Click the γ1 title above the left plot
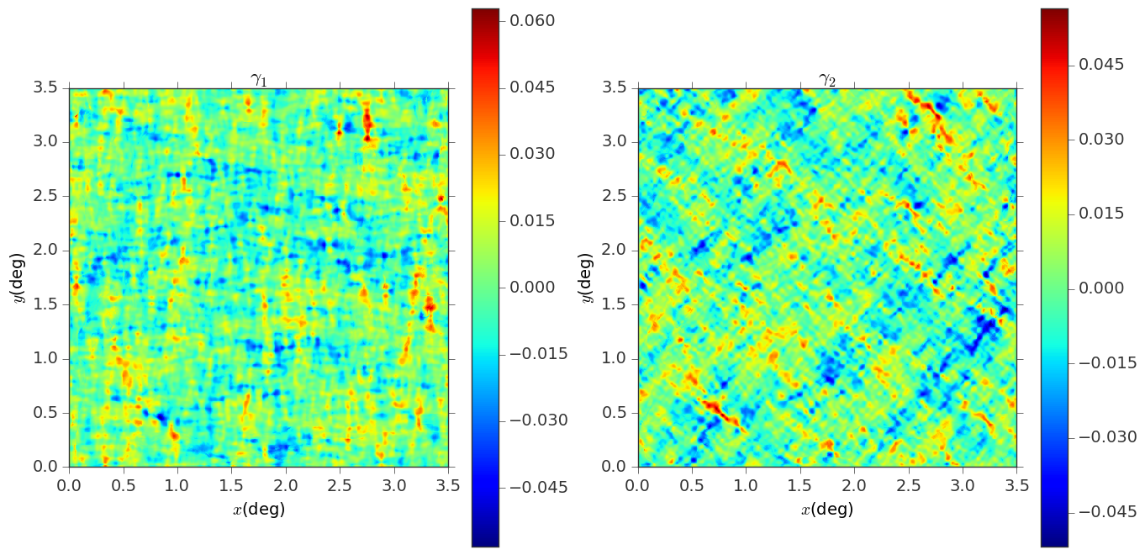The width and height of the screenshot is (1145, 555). [259, 79]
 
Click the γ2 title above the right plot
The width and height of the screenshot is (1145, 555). [827, 79]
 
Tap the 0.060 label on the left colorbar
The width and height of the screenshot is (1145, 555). [532, 21]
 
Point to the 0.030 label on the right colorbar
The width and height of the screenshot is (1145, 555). [1101, 139]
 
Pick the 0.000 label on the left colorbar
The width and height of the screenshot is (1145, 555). [532, 288]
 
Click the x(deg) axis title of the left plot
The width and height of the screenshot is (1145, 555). [259, 509]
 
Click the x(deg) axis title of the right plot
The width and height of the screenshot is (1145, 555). [827, 509]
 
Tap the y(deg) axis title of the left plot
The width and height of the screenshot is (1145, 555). [18, 277]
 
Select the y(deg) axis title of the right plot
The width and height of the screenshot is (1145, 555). [587, 277]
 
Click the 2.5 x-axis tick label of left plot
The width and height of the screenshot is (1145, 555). [340, 485]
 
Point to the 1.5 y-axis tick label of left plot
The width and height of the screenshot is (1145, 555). [45, 305]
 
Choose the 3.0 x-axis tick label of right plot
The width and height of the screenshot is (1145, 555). [963, 485]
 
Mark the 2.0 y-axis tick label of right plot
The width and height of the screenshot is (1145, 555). [614, 251]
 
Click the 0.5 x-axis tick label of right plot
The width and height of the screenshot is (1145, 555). [692, 485]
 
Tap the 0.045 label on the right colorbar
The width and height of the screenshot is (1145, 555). [1101, 65]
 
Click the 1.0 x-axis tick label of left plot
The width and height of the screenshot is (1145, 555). [177, 485]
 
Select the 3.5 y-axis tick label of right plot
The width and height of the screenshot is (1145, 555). [614, 88]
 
